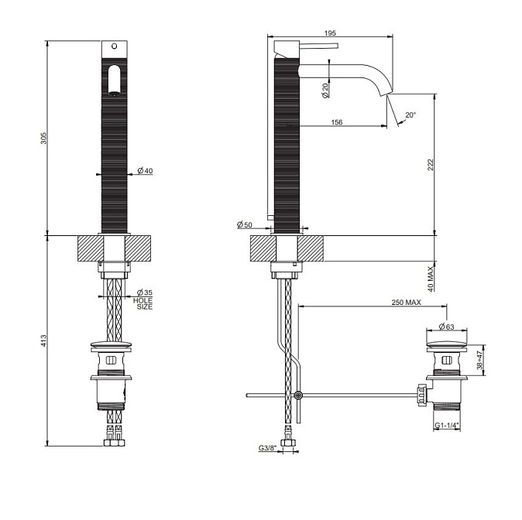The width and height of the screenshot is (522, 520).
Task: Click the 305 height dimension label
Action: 44,138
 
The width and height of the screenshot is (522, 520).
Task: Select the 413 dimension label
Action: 44,340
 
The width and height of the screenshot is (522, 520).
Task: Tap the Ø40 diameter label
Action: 145,171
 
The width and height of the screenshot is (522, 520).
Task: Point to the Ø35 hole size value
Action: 145,292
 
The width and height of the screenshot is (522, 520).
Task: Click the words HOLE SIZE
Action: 143,304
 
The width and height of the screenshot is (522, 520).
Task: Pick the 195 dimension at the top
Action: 330,33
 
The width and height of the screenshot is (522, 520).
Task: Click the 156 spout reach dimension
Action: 337,122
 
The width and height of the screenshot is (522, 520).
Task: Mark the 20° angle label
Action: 410,115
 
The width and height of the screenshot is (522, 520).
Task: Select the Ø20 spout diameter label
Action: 325,91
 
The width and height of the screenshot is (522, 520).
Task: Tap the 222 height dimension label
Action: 431,165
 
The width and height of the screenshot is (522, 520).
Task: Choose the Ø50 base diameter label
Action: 245,225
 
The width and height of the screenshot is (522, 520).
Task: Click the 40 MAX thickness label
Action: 431,279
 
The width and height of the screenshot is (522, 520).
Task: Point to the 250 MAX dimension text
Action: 406,302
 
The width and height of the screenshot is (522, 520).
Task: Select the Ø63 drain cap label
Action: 446,327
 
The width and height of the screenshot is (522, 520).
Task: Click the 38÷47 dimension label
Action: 479,360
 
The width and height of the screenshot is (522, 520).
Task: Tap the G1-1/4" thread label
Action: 447,425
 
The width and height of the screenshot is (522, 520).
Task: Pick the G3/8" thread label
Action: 267,448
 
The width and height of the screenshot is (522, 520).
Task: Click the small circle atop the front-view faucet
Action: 114,46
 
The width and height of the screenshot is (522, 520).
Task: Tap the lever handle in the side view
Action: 319,45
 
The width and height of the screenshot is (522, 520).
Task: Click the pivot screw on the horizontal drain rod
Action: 298,395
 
